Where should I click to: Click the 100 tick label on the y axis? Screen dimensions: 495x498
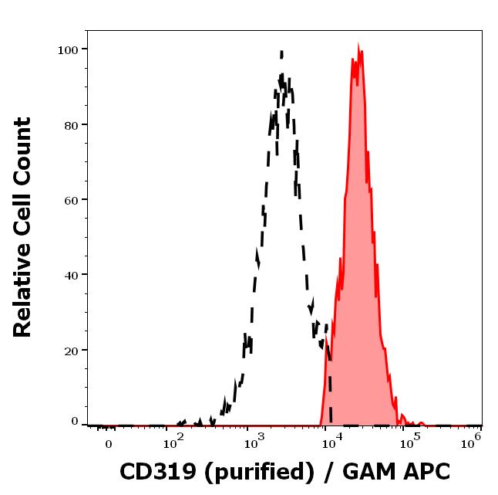[67, 49]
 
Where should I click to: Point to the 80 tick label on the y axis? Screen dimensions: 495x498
[70, 124]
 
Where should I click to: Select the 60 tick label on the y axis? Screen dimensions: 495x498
[70, 200]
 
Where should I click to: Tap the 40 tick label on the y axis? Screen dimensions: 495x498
[70, 275]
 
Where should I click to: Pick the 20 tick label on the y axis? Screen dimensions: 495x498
[70, 350]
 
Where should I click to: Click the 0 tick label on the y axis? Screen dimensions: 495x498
[75, 422]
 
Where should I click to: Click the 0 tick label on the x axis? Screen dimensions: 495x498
[108, 445]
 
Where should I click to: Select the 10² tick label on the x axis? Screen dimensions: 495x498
[173, 442]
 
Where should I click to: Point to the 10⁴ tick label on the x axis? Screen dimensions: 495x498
[331, 442]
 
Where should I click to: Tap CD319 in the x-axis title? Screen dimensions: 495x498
[153, 472]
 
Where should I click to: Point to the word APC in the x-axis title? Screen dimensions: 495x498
[428, 472]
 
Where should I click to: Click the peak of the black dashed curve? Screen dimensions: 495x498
[282, 53]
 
